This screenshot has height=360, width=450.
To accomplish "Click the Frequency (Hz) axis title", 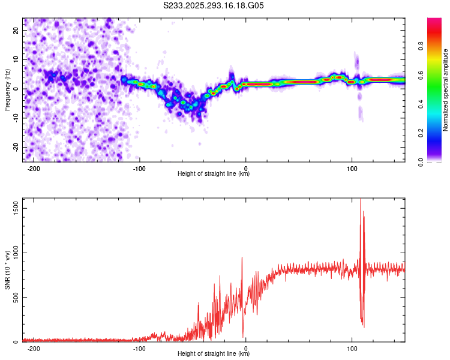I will tap(7, 89).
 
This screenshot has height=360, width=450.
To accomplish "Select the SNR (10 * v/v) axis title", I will tap(7, 270).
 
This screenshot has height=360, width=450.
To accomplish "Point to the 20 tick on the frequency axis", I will tap(16, 31).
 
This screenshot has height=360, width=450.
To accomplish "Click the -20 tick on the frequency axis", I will tap(16, 147).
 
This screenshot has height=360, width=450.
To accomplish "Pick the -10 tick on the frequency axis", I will tap(16, 118).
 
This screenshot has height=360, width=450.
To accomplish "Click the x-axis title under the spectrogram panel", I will tap(214, 174).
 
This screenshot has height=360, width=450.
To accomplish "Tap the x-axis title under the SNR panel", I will tap(214, 354).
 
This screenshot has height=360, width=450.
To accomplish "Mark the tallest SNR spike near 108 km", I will tap(361, 200).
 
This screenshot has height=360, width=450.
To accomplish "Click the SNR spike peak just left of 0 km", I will tap(242, 257).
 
